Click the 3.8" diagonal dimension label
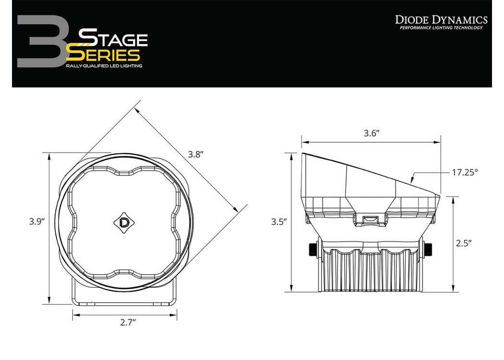click(196, 155)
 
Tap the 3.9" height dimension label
click(36, 221)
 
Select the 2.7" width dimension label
click(128, 323)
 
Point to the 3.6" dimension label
click(372, 133)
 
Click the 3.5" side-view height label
click(279, 222)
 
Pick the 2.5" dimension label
click(464, 243)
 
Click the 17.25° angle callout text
click(465, 172)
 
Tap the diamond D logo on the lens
click(124, 223)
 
